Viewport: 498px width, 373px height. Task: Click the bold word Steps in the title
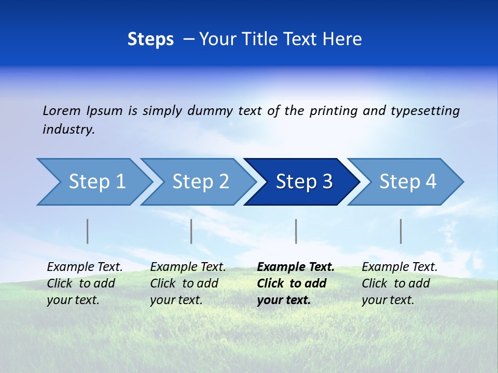150,39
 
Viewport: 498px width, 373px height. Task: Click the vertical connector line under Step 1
87,231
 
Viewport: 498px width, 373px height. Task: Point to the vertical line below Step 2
191,231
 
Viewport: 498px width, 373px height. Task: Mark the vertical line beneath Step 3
296,231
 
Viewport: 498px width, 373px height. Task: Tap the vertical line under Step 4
400,231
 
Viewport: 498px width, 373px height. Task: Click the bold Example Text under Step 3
296,267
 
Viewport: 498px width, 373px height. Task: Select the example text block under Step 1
85,283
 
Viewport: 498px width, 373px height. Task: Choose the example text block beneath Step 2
188,283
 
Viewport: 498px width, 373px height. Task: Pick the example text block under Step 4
399,283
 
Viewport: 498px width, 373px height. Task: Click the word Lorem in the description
62,111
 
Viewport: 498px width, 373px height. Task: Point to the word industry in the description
68,130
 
